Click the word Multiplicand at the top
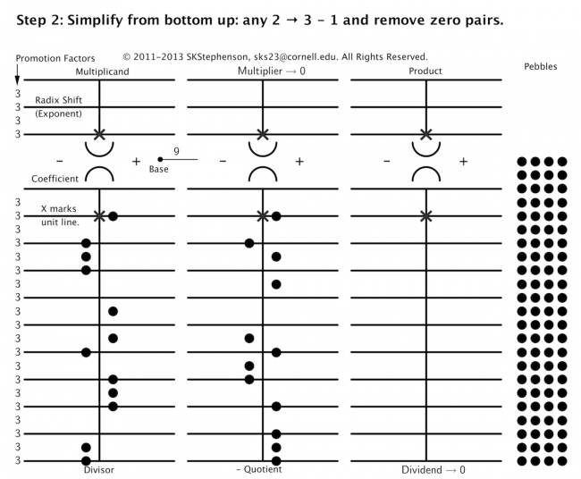[99, 71]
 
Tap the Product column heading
[425, 71]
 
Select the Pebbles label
[543, 67]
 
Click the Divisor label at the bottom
[99, 469]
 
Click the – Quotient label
[258, 469]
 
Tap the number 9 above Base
[177, 152]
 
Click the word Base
[159, 168]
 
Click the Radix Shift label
[60, 100]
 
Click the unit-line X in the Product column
[426, 215]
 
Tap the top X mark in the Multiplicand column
[100, 134]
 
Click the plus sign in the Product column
[463, 161]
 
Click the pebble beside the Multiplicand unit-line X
[113, 215]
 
